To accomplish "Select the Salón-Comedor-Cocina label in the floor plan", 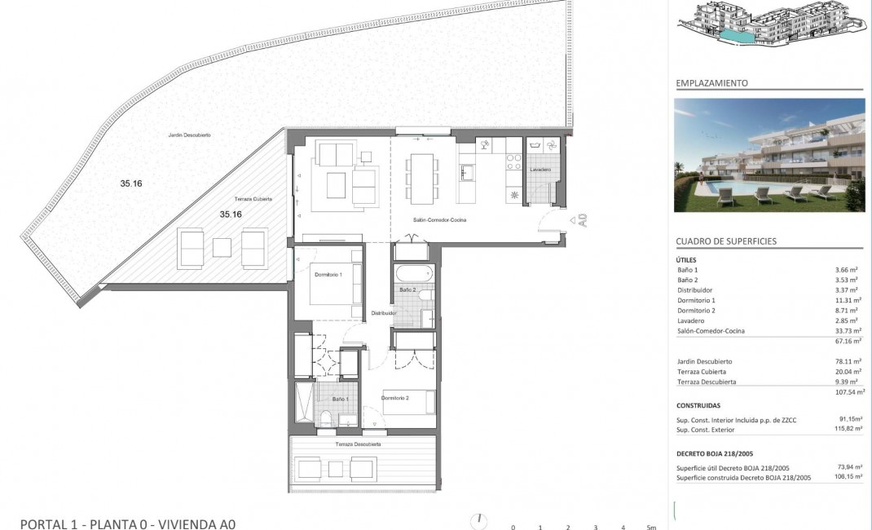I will point(439,220).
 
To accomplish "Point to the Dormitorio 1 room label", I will point(328,275).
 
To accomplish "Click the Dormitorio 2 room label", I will point(395,398).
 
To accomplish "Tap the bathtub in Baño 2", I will point(412,273).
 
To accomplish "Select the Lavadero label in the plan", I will point(539,170).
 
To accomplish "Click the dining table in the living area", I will point(422,179).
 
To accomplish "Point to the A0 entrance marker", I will point(581,219).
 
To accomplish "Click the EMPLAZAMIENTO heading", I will point(711,83).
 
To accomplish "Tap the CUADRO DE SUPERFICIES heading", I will point(726,241).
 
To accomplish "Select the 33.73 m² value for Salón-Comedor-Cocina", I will point(847,331).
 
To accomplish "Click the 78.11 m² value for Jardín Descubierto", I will point(847,361).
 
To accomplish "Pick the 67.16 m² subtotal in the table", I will point(847,342).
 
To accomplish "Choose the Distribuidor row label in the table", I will point(695,289).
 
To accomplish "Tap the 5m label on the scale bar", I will point(650,527).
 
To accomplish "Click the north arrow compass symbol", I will point(481,520).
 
